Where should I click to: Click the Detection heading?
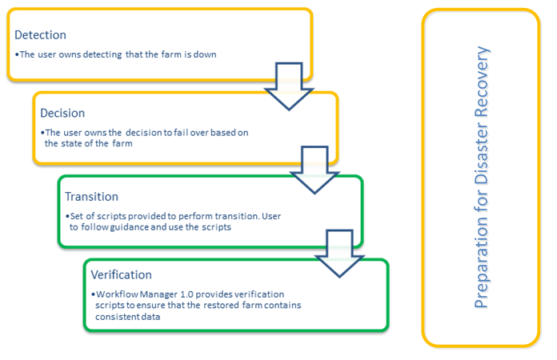41,35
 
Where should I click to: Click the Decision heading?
62,113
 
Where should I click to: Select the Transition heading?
91,197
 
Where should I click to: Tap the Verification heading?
121,275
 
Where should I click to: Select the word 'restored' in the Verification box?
210,306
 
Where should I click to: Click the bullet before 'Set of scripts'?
67,217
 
